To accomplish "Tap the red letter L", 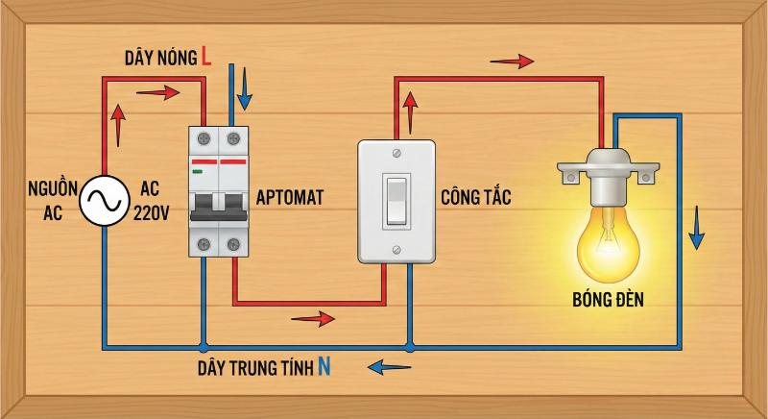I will point(205,57).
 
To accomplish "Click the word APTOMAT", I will point(289,198).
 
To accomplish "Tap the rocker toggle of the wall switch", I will point(396,200).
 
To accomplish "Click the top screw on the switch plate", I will point(396,151).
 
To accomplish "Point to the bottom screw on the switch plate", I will point(396,250).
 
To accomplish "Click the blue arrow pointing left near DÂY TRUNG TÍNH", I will point(389,366).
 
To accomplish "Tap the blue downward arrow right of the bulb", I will point(698,233).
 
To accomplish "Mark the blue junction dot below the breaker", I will point(202,346).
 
